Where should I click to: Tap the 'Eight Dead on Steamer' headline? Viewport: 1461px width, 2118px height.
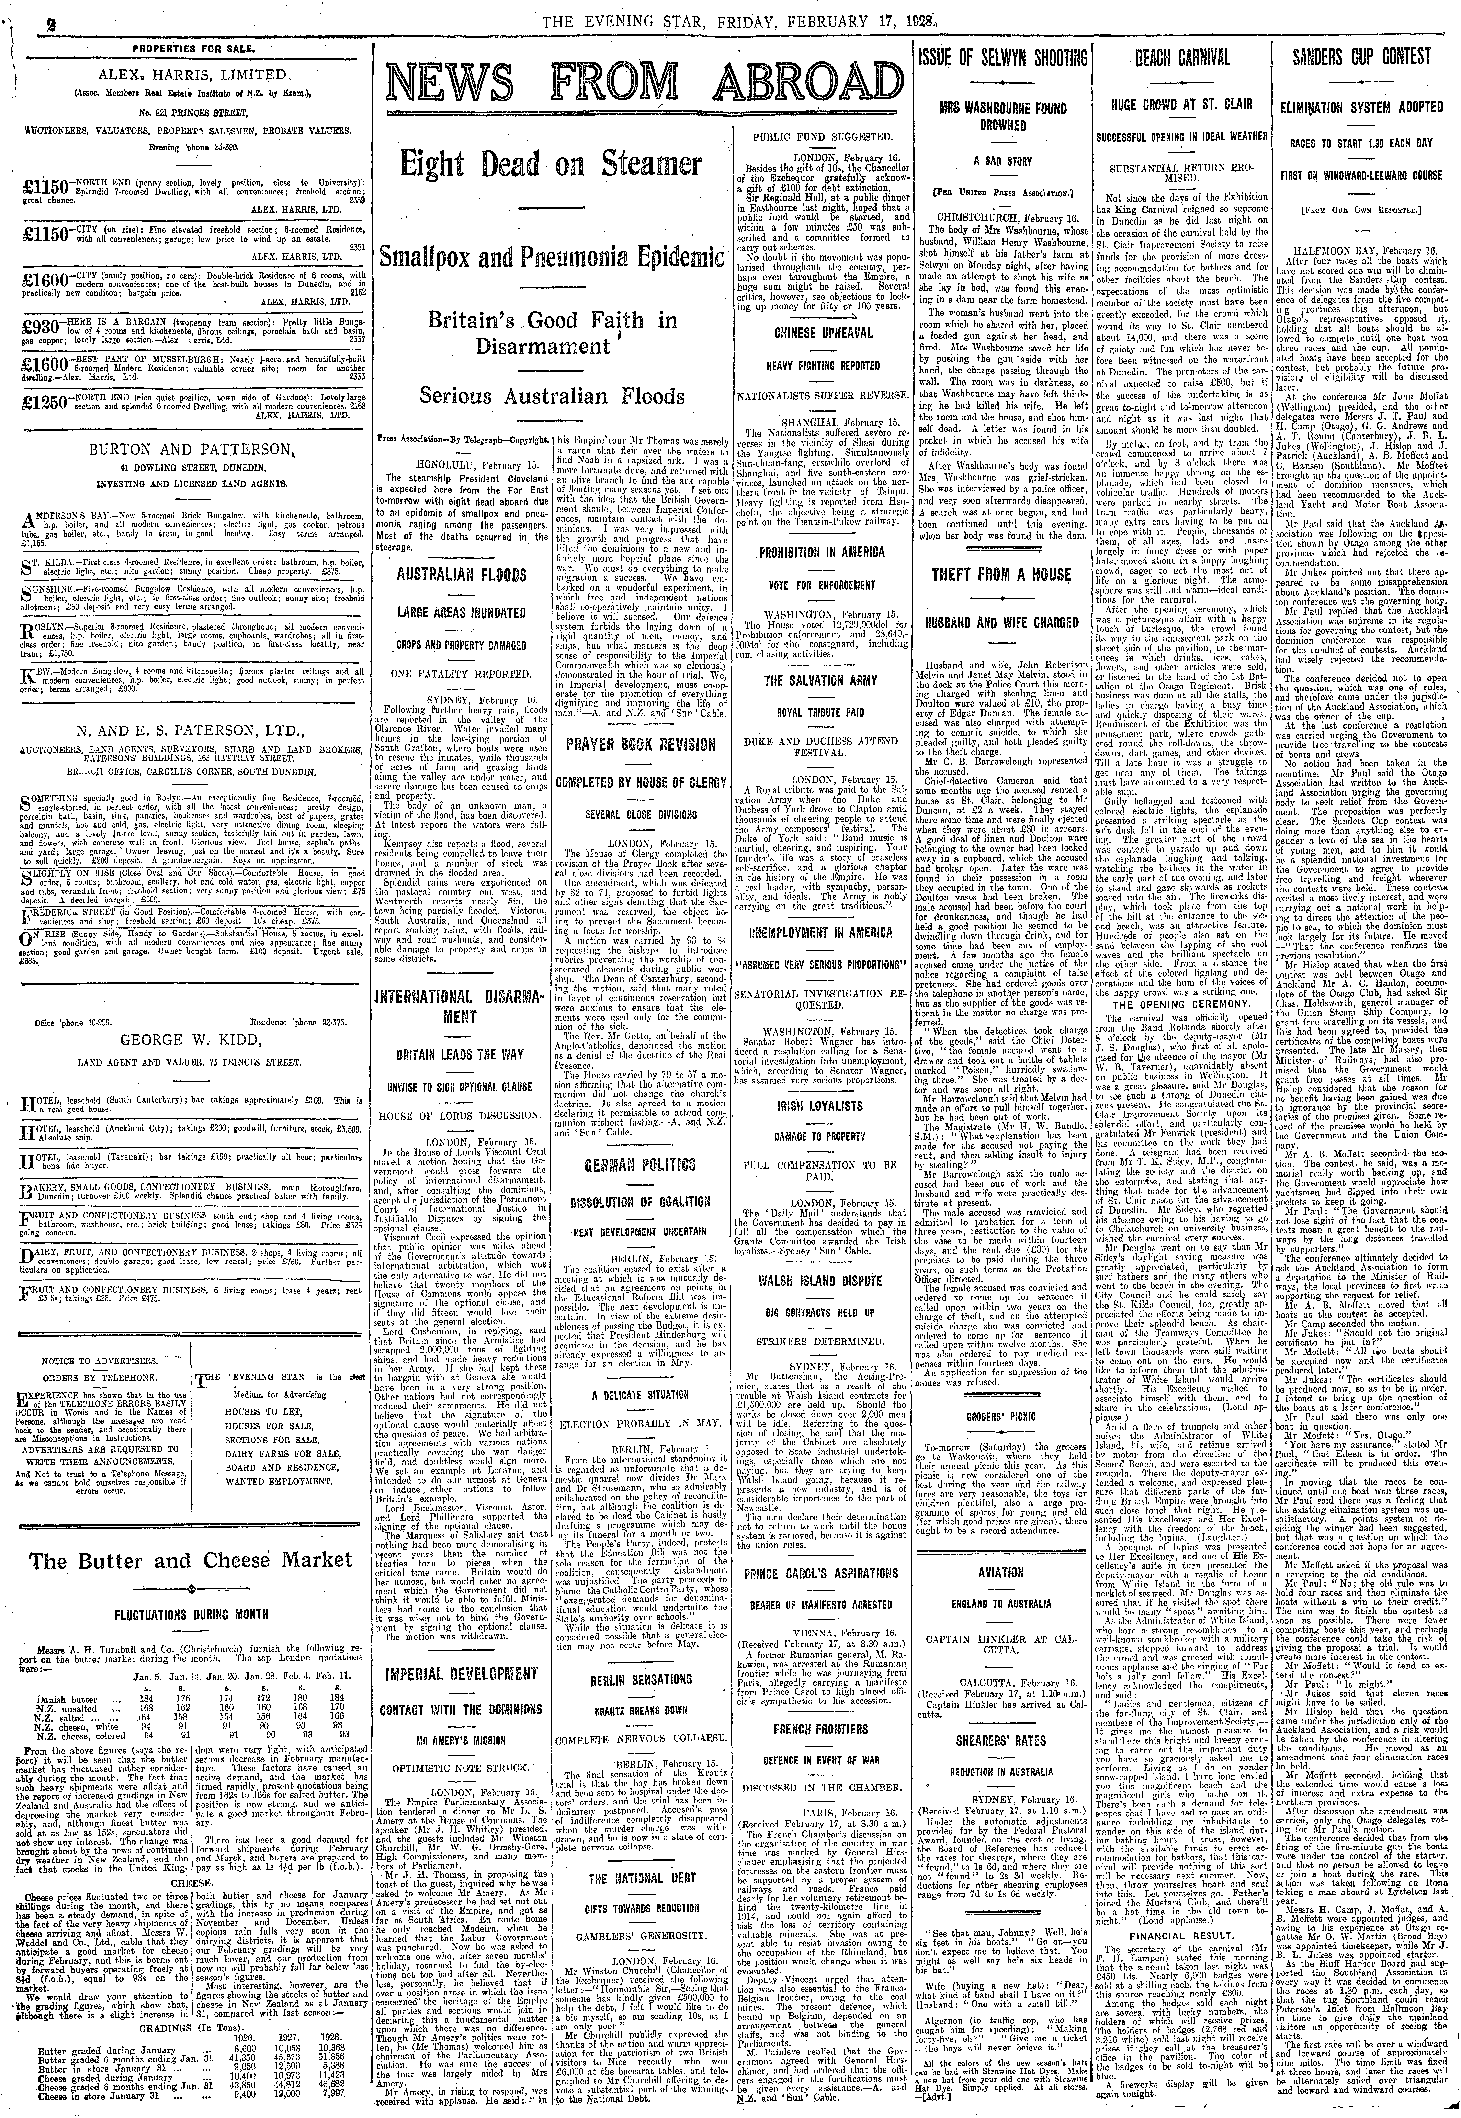(x=549, y=169)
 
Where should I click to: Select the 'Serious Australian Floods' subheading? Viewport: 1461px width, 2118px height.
(x=552, y=396)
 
